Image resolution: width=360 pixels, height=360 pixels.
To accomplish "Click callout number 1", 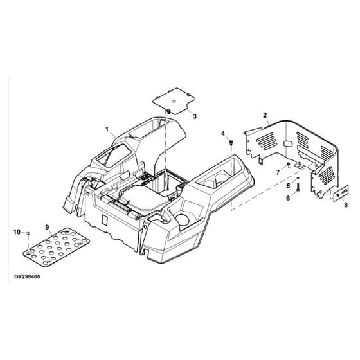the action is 107,129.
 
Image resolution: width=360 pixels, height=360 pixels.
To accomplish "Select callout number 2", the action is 265,115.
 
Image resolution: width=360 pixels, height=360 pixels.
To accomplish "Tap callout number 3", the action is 195,116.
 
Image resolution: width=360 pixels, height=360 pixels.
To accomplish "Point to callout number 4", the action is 222,133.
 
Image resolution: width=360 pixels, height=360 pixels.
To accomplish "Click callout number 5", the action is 289,186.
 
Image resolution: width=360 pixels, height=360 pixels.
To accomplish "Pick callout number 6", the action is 288,198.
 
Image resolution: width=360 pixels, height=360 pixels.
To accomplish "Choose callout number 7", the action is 278,172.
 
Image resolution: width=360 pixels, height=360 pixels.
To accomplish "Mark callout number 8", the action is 346,204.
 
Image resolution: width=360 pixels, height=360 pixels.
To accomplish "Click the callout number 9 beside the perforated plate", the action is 47,228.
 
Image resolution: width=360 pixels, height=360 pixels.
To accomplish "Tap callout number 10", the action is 17,232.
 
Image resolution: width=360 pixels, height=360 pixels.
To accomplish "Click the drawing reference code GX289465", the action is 27,276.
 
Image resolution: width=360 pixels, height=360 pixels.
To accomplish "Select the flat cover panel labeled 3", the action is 174,101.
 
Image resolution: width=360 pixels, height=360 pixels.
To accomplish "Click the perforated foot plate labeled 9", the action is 57,247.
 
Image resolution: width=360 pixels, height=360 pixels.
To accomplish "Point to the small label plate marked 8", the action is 341,194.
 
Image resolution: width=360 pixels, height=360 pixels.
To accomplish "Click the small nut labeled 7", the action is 288,164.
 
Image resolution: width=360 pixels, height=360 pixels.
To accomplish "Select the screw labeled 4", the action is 231,143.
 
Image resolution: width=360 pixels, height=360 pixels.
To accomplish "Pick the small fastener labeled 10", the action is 28,233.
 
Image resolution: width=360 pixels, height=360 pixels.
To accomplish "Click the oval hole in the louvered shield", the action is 287,144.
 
